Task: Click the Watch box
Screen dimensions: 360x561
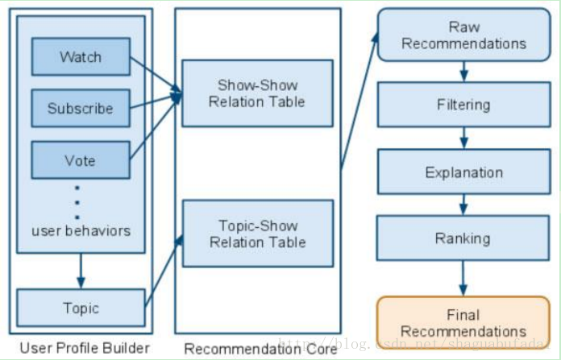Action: (80, 57)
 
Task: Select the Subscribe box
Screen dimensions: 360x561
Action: (80, 108)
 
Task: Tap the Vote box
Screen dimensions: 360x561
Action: (80, 160)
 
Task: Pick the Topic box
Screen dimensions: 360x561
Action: (80, 308)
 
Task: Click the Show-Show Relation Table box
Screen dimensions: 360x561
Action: (257, 93)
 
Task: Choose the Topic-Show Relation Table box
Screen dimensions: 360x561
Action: (257, 234)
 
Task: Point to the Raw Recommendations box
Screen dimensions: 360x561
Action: (463, 35)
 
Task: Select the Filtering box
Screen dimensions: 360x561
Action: (463, 105)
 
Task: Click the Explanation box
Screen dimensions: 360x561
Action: (463, 172)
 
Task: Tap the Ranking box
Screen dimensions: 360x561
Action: (463, 238)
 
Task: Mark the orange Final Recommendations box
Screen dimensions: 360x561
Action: (463, 323)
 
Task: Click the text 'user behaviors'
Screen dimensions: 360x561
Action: (81, 231)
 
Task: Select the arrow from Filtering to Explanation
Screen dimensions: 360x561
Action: (463, 139)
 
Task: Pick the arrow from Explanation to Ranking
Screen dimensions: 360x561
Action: (463, 205)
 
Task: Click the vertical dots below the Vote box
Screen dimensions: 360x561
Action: (77, 202)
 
